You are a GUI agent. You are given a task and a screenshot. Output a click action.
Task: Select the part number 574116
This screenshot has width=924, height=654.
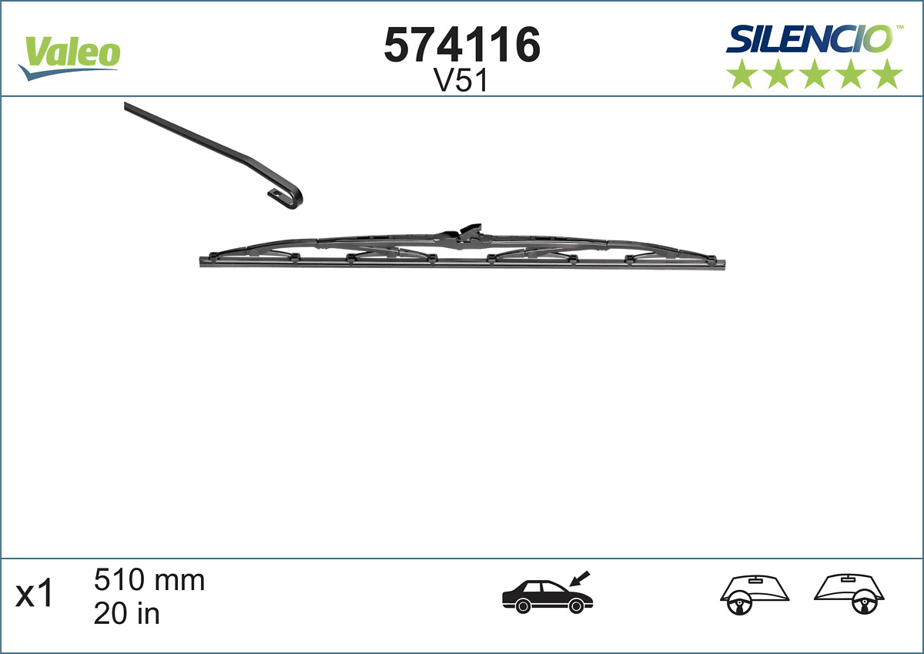[x=462, y=45]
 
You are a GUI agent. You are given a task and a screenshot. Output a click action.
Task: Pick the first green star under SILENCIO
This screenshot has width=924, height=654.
[x=741, y=74]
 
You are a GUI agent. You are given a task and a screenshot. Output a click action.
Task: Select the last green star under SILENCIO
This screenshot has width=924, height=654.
[x=889, y=74]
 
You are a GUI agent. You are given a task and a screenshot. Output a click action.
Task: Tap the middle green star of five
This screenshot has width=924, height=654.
[x=815, y=74]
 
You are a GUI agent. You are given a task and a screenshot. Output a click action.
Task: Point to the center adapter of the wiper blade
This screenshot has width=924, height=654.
[x=466, y=234]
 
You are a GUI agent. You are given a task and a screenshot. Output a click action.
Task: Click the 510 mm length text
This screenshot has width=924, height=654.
[x=149, y=579]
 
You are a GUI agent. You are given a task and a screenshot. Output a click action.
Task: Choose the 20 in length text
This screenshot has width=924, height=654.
[x=126, y=613]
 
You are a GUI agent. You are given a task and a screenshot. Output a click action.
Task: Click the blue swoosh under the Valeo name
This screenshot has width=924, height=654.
[x=65, y=72]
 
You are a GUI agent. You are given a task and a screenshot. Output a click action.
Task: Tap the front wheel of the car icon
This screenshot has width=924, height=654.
[x=576, y=607]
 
